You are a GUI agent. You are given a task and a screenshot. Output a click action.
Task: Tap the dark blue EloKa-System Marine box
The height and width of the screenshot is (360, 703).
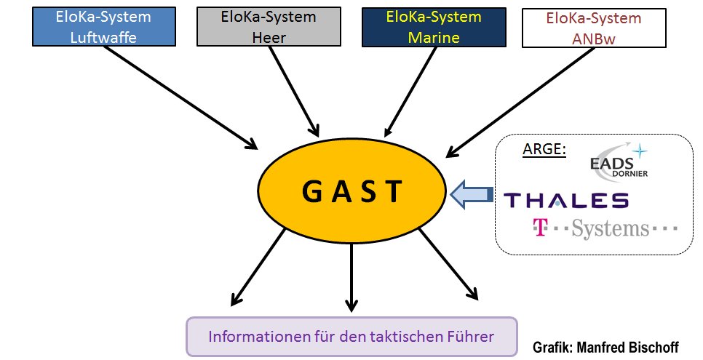tap(423, 28)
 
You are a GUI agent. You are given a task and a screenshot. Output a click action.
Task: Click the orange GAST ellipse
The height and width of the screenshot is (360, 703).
tap(351, 192)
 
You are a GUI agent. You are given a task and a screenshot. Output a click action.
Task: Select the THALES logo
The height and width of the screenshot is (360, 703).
tap(566, 199)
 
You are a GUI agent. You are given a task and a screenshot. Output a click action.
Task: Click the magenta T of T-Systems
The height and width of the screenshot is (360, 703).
tap(539, 228)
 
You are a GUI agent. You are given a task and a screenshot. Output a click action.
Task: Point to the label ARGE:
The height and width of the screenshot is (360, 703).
tap(544, 149)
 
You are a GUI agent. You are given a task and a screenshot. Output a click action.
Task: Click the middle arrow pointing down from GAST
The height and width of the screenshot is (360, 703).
tap(351, 276)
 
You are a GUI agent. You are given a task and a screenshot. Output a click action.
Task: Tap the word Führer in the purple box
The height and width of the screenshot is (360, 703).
tap(469, 337)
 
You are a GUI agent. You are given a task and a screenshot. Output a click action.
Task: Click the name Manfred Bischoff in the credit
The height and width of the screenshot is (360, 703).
tap(627, 347)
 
